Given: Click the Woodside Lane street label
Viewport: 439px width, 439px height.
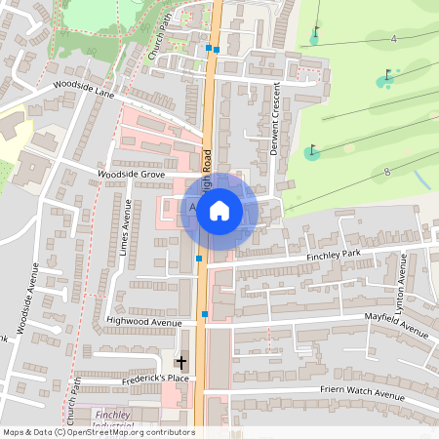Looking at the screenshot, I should pos(85,89).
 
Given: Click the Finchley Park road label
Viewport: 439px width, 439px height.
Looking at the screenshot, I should pos(335,256).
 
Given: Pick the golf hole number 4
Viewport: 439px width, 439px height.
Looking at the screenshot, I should pos(393,38).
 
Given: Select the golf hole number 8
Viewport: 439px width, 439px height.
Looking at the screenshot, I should pos(387,172).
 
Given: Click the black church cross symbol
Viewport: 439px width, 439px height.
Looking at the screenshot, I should pos(180,362).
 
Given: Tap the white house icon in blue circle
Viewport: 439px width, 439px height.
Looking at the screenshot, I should pos(219,210).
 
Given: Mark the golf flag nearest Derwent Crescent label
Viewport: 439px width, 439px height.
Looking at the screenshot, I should pos(312,151).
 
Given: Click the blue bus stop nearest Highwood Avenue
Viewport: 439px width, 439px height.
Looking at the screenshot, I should pos(205,314).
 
